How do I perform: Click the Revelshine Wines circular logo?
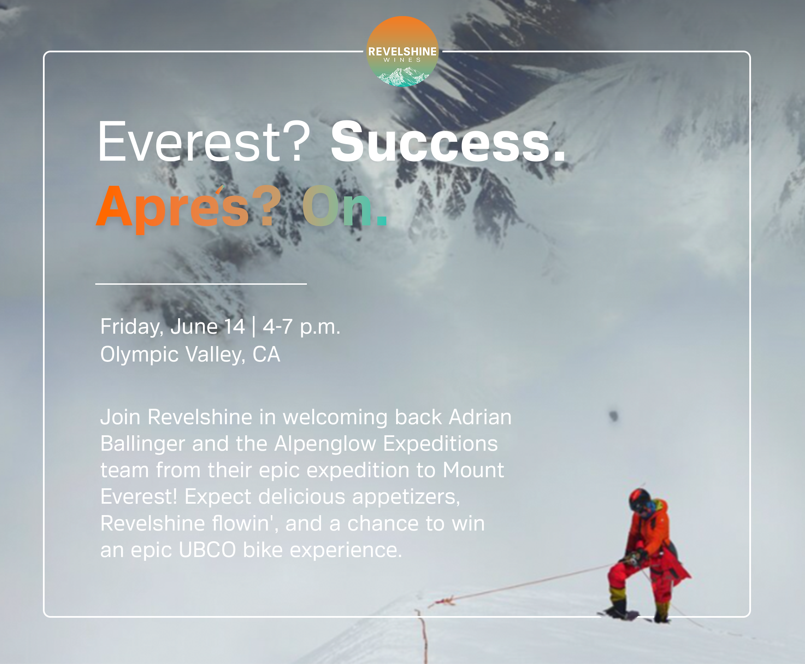(x=402, y=51)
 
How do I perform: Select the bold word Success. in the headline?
(x=448, y=142)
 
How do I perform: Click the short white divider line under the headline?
(x=201, y=284)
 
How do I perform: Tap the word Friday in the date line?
(x=132, y=327)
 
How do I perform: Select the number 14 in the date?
(x=234, y=327)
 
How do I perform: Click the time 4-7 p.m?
(x=302, y=327)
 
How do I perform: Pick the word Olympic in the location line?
(x=139, y=354)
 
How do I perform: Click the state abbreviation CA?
(x=266, y=354)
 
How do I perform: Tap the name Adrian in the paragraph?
(x=480, y=417)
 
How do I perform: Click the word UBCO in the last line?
(x=207, y=550)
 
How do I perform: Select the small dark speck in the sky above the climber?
(x=613, y=416)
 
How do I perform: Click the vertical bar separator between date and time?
(x=254, y=327)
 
